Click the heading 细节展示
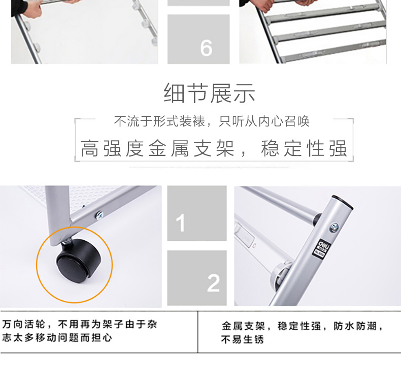click(209, 93)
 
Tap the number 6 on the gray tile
click(206, 48)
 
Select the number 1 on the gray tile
click(181, 223)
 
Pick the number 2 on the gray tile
click(213, 283)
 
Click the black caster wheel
click(78, 261)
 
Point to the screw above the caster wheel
click(98, 214)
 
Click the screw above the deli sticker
click(333, 227)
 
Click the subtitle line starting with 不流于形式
click(212, 121)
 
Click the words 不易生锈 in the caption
click(242, 340)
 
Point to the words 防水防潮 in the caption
click(355, 326)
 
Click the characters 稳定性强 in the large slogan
click(304, 148)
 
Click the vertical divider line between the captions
click(197, 332)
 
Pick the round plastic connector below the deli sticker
click(280, 275)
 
